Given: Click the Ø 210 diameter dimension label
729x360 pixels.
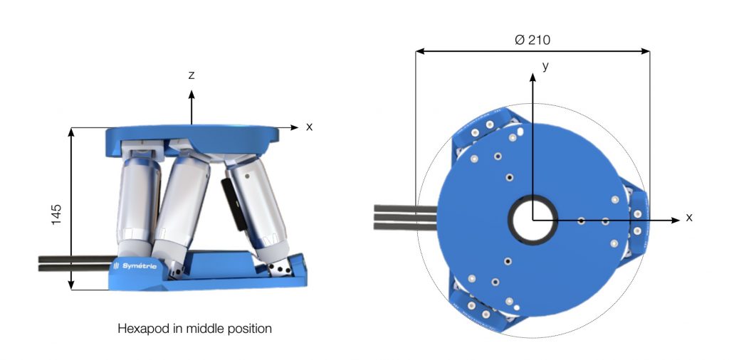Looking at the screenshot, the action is coord(533,40).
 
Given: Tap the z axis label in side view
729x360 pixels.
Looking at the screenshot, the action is coord(191,75).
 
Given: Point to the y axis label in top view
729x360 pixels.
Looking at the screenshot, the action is coord(546,66).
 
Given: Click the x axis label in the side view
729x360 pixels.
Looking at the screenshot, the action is coord(309,127).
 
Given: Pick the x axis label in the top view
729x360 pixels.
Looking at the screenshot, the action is coord(688,218).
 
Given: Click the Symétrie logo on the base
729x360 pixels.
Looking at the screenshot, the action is coord(135,266).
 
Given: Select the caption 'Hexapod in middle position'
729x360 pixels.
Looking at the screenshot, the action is coord(194,329).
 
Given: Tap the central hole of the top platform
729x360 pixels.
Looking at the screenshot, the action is coord(533,220).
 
